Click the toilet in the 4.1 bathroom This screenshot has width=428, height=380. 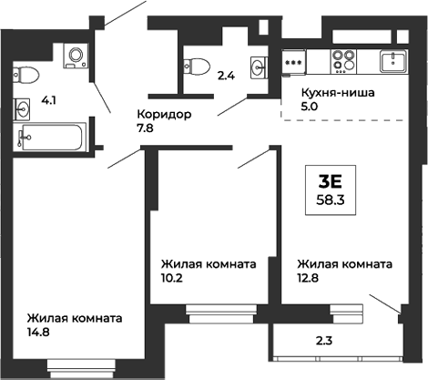26,74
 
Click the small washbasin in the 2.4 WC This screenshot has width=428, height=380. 259,66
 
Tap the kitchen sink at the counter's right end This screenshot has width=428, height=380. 394,62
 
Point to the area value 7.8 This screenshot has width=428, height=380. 145,130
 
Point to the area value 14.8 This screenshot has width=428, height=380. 37,334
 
